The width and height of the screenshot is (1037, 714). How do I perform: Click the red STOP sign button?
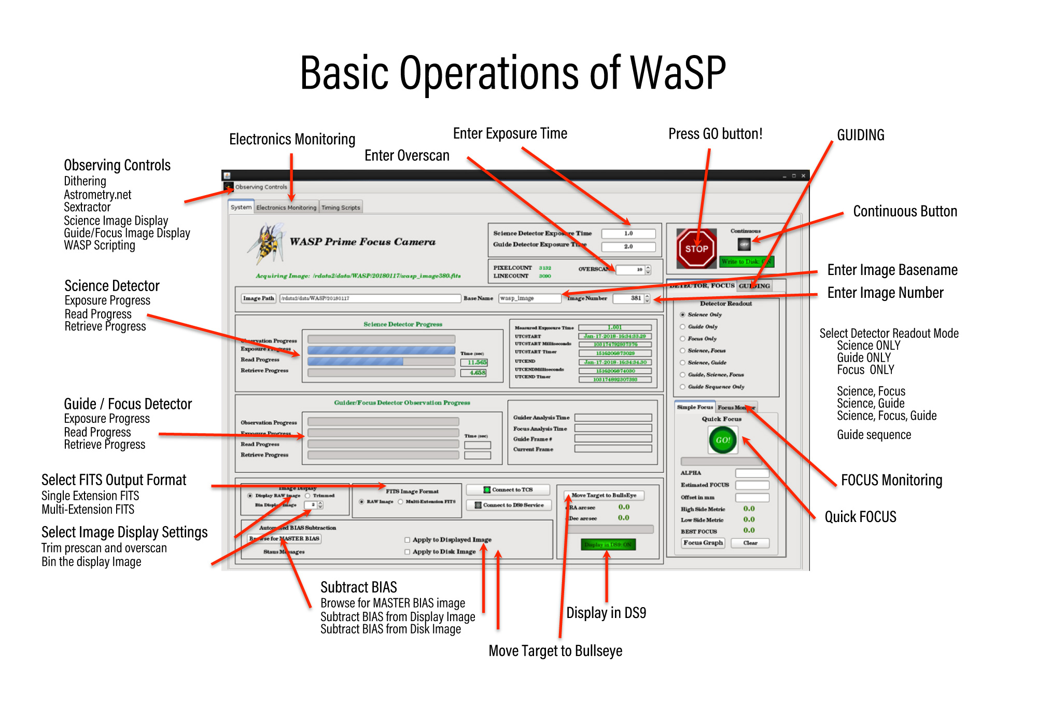696,249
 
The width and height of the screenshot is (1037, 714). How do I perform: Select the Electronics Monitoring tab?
286,208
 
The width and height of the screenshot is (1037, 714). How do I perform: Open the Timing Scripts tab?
341,208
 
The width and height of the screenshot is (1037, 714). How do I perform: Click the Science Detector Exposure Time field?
628,234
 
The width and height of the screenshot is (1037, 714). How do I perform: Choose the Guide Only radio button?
683,327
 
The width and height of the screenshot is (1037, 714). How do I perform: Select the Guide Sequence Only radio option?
683,387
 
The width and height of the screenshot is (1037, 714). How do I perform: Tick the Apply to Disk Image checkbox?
408,552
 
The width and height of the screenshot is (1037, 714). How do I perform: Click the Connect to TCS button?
508,490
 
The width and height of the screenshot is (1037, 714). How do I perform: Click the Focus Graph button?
703,543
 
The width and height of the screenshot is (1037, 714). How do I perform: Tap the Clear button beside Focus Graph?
750,543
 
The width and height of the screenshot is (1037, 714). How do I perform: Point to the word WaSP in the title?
677,73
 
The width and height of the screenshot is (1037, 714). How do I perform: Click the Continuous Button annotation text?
905,212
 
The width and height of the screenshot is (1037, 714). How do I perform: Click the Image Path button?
258,298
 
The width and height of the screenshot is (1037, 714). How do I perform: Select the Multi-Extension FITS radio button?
401,502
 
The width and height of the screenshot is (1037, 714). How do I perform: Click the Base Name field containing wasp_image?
529,298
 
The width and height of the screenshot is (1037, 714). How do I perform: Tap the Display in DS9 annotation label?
606,613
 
